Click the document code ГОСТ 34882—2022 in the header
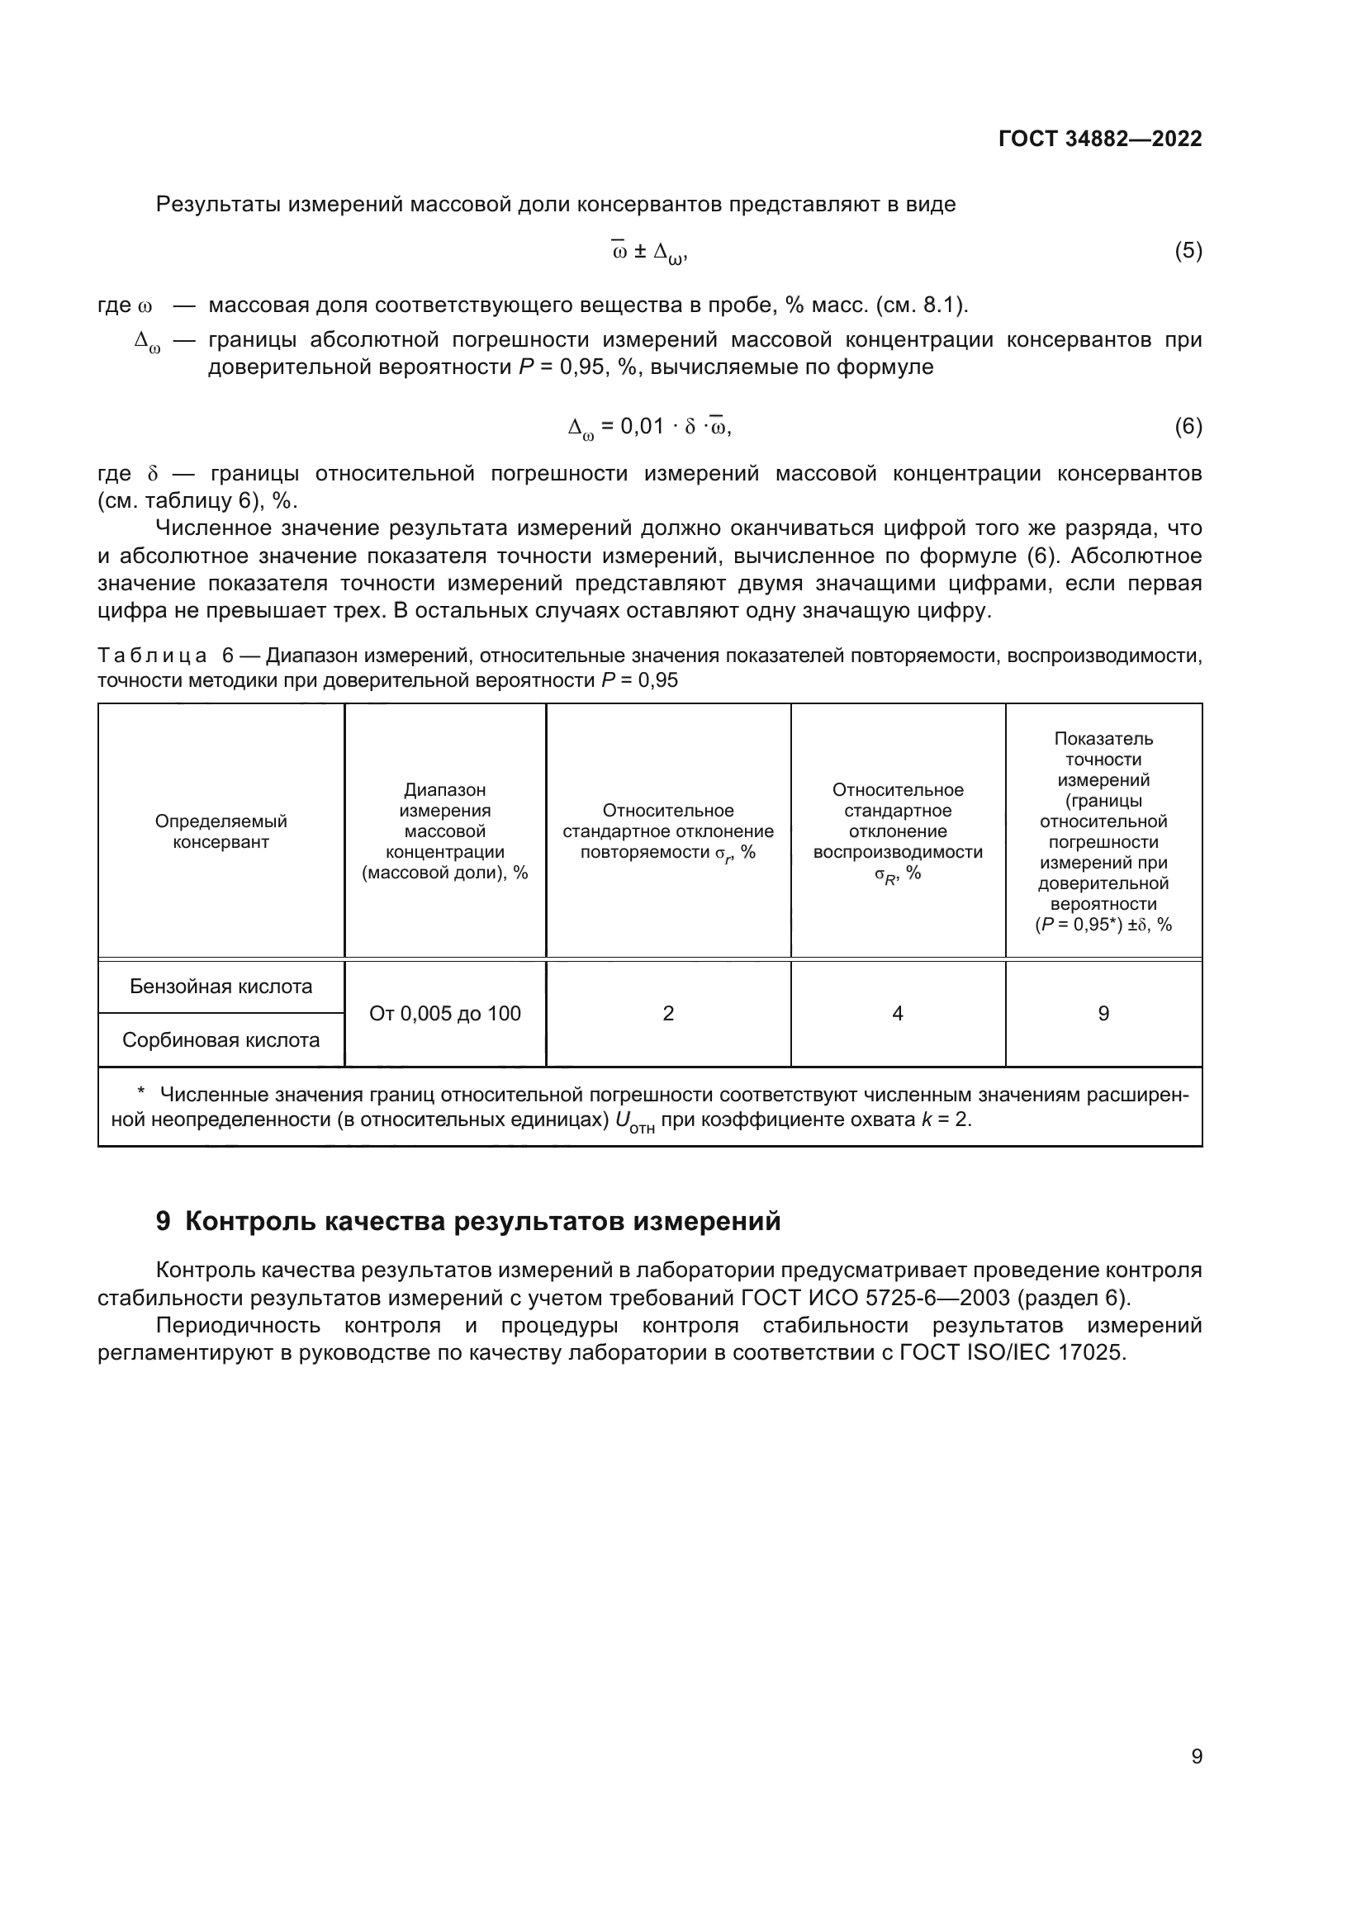point(1099,139)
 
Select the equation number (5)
point(1188,251)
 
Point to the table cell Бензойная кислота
point(221,987)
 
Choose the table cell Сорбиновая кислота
point(221,1040)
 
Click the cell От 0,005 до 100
point(445,1014)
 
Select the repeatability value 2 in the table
point(668,1014)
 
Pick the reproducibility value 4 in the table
point(898,1014)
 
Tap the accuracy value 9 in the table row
point(1103,1014)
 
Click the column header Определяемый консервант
point(221,831)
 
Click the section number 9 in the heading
point(164,1221)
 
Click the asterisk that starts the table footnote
point(140,1093)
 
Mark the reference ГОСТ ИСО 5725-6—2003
point(875,1299)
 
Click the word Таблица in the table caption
point(152,656)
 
